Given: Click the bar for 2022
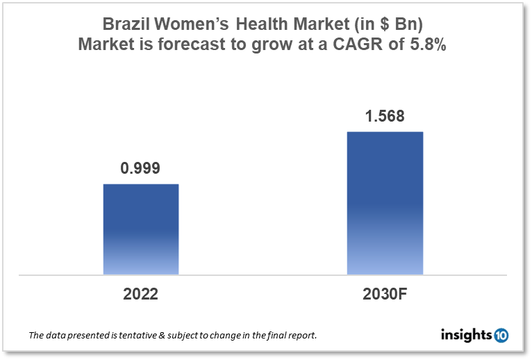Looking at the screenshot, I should [141, 229].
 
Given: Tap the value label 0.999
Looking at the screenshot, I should [141, 167].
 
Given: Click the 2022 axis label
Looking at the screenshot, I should [141, 294].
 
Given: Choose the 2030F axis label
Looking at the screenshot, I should [385, 294].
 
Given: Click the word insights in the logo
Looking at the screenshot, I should [467, 335].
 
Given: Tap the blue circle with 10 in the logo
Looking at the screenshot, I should [501, 336].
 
